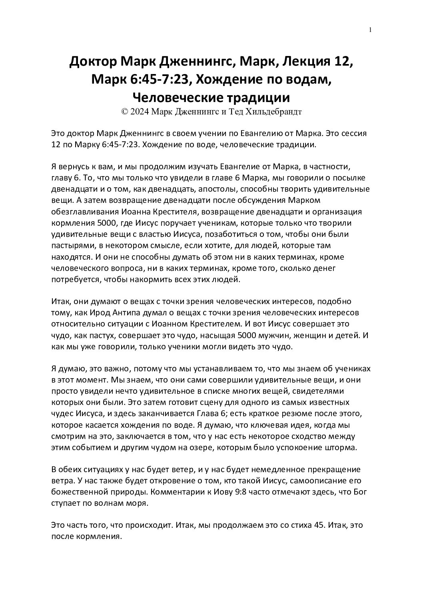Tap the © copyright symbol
(x=124, y=112)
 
